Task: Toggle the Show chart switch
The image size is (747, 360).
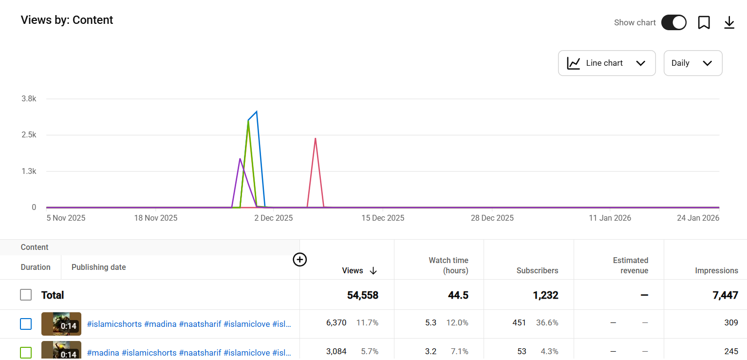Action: [673, 23]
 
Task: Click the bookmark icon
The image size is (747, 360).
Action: [704, 23]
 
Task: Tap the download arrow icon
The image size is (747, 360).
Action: [729, 23]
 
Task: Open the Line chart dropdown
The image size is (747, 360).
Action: [607, 63]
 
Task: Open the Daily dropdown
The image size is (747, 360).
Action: [693, 63]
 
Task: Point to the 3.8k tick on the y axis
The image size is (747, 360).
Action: [29, 99]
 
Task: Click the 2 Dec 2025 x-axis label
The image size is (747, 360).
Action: [274, 218]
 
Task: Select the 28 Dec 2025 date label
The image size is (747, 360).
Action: [492, 218]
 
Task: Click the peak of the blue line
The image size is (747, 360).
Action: [257, 112]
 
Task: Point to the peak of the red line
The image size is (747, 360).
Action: [315, 138]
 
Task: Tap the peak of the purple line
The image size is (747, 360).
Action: [240, 159]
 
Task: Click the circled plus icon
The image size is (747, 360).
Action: [300, 260]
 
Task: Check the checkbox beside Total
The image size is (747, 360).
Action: [26, 295]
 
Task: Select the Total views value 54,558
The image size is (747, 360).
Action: [362, 295]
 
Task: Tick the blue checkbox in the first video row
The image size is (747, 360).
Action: [26, 324]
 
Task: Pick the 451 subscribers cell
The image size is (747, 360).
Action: [519, 323]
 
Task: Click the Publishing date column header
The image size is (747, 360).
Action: [99, 267]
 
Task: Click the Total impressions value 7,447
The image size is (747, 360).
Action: [725, 295]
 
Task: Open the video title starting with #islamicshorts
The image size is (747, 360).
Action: [189, 324]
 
